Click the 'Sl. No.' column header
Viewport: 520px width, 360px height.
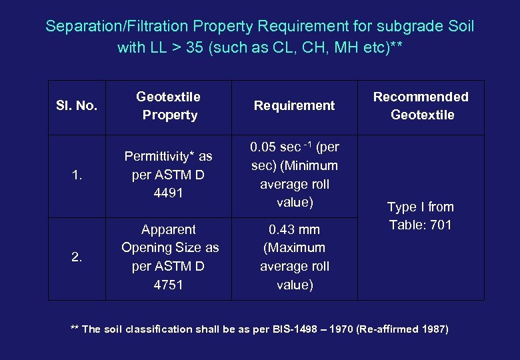coord(77,105)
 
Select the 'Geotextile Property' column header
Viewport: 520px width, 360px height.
coord(169,105)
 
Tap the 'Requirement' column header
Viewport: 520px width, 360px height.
coord(294,105)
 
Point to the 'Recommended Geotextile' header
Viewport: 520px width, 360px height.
coord(421,105)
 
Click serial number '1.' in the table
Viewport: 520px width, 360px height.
coord(77,175)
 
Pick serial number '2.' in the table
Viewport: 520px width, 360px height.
coord(77,257)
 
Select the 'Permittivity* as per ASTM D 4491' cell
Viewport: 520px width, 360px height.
coord(169,175)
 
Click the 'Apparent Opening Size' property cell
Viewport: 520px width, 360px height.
coord(169,257)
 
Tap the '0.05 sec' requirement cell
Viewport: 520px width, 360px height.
coord(294,174)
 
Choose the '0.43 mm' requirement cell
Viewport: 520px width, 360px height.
coord(294,257)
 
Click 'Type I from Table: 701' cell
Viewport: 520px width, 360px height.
coord(421,216)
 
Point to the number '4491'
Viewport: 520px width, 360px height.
coord(168,193)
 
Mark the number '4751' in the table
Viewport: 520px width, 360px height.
coord(168,285)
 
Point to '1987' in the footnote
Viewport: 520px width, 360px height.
coord(432,329)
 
